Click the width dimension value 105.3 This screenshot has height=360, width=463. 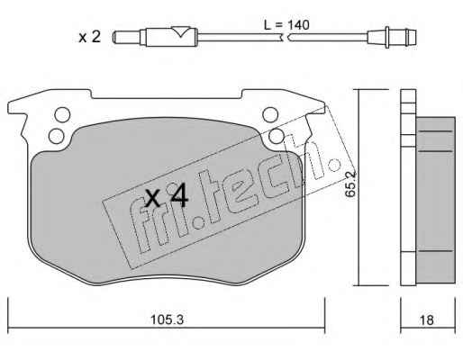(167, 319)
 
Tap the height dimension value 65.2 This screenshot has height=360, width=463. (350, 184)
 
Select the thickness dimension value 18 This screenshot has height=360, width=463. (426, 320)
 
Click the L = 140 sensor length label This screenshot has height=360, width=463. (286, 25)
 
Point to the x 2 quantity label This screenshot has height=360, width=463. (89, 37)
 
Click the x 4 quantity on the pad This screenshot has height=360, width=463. (167, 196)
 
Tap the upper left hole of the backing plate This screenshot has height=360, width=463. (62, 115)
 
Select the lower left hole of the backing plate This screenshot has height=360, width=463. (57, 136)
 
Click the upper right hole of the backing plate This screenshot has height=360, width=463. (270, 115)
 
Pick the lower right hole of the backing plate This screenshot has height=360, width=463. (277, 136)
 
